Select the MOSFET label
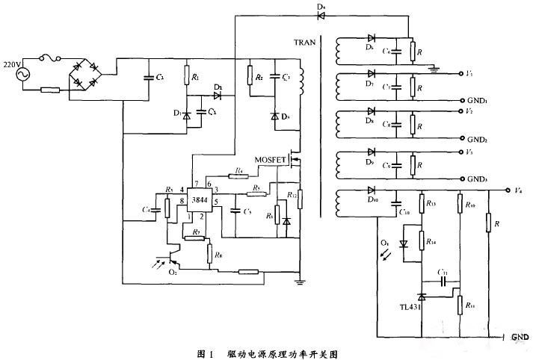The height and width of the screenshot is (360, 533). point(270,160)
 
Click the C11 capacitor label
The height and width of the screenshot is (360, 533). point(443,273)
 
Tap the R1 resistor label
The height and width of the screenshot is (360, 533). point(195,77)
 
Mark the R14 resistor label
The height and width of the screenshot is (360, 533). point(431,241)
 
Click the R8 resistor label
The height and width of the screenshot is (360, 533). point(218,255)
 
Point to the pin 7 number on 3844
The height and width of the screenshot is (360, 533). point(196,184)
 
